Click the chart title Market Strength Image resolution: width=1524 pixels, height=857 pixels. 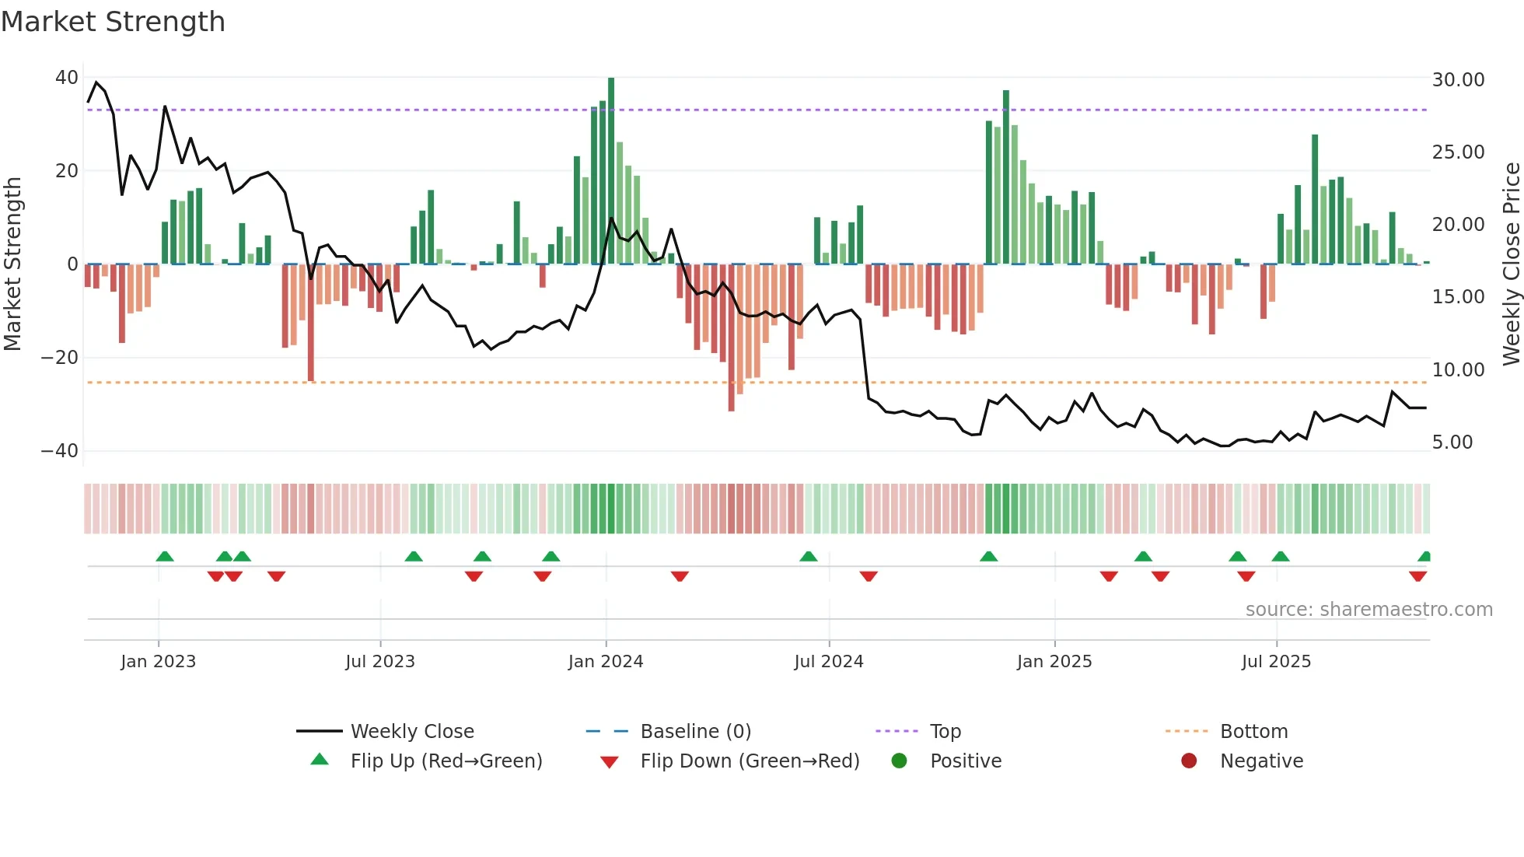[113, 22]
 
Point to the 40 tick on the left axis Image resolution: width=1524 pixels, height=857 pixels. [67, 78]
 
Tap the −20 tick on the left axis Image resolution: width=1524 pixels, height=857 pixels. [60, 358]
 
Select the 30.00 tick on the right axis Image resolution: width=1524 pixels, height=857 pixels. [1458, 80]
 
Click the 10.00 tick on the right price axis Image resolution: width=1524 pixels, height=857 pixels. [1458, 370]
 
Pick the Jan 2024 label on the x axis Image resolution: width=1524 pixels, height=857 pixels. [606, 662]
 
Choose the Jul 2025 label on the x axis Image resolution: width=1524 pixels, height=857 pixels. [1276, 662]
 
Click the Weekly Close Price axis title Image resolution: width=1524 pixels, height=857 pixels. [1511, 264]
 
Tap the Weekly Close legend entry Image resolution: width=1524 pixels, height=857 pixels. [411, 732]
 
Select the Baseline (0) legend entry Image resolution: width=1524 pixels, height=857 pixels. [695, 732]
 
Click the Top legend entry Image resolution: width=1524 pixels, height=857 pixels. [945, 732]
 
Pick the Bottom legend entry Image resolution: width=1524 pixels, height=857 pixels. [1253, 732]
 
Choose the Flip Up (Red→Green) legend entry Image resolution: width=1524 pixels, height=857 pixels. [446, 761]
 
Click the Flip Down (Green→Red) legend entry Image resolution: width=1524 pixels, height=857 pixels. [750, 761]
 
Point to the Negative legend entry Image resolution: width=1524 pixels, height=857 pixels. [1260, 761]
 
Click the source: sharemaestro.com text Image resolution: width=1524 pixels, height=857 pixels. [1368, 610]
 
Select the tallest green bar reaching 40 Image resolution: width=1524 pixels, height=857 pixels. [611, 171]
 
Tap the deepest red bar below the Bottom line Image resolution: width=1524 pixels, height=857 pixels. [731, 338]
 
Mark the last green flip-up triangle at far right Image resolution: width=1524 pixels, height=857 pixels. [1424, 556]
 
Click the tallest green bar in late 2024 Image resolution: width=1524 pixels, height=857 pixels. [1006, 177]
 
